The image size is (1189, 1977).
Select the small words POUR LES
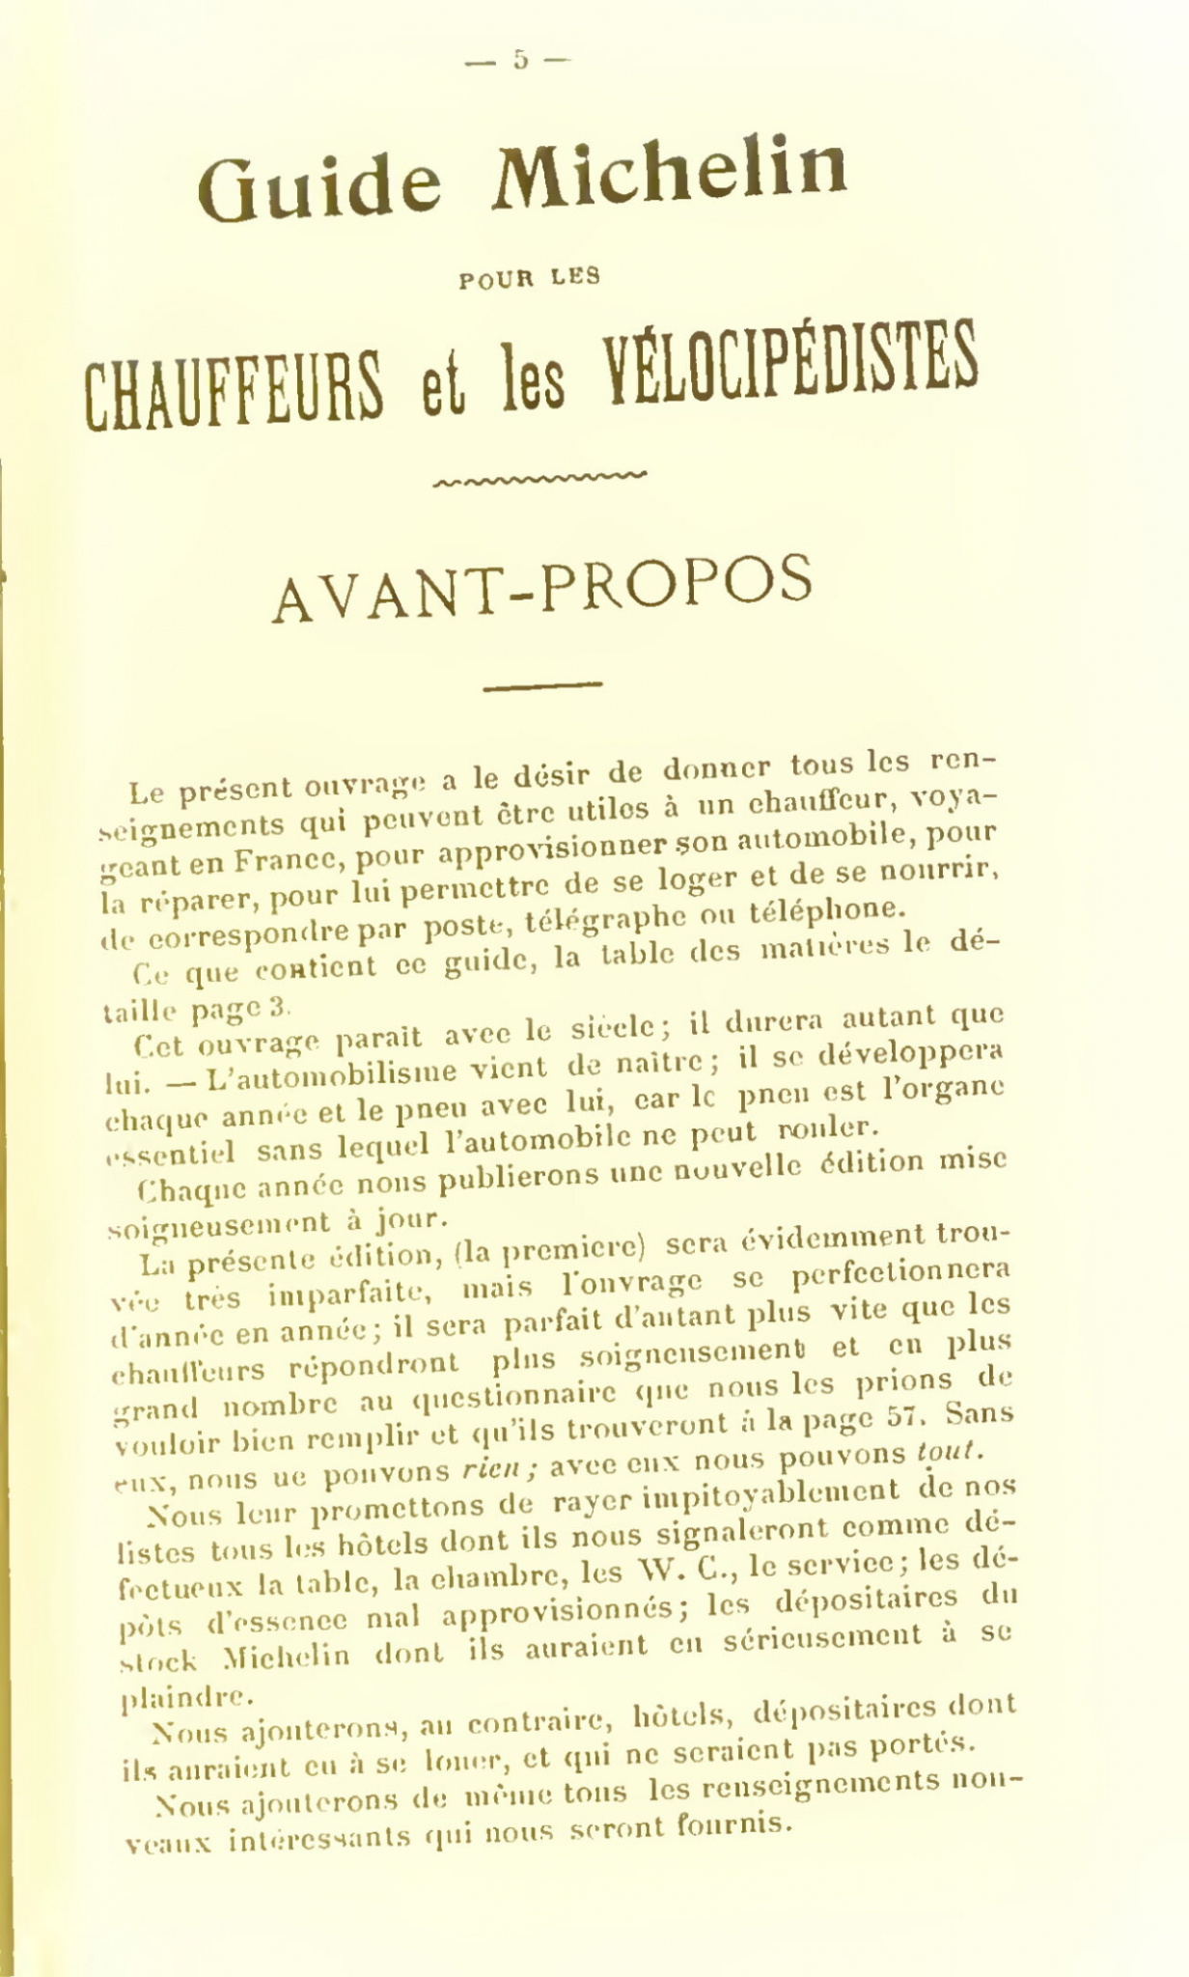point(530,278)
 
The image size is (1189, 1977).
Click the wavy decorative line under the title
point(540,475)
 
